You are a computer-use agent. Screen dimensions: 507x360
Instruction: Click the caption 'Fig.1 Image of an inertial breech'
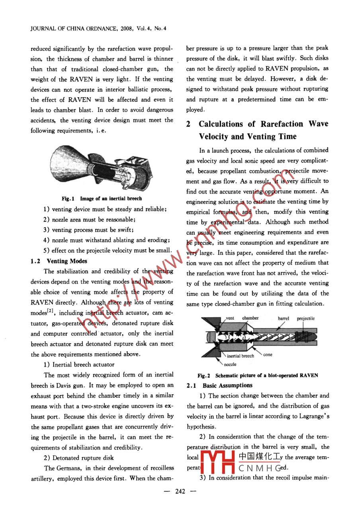[102, 198]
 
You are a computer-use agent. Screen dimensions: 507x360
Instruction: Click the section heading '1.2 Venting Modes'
[59, 261]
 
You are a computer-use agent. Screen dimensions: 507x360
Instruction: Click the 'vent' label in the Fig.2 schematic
[230, 318]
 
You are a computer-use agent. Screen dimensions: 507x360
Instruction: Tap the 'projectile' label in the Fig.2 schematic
[305, 318]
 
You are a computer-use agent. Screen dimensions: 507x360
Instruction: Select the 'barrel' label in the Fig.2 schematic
[284, 318]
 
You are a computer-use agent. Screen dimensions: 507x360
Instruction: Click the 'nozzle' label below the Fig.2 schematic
[230, 364]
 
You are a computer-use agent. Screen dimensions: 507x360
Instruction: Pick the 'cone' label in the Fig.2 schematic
[268, 355]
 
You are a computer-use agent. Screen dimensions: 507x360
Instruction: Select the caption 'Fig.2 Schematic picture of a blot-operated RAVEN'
[258, 375]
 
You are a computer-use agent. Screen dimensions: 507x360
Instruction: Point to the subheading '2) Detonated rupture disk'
[78, 458]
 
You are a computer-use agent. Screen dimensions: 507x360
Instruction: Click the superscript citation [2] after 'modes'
[52, 311]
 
